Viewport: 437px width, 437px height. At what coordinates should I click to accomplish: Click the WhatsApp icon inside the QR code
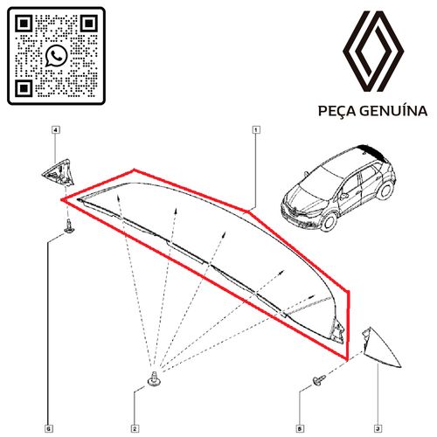[x=56, y=56]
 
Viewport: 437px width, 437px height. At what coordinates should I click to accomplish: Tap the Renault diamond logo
[x=373, y=52]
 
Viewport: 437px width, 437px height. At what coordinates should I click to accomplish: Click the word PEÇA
[x=337, y=112]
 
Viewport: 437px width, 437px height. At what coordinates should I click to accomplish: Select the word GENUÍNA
[x=393, y=111]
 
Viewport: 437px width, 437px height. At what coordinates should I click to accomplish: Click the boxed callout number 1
[x=256, y=129]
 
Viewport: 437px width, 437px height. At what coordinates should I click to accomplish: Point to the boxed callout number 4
[x=56, y=129]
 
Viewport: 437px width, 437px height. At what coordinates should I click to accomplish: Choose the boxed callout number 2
[x=135, y=428]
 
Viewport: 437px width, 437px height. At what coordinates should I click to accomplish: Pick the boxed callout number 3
[x=378, y=428]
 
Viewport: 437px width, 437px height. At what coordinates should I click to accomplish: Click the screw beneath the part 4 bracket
[x=69, y=226]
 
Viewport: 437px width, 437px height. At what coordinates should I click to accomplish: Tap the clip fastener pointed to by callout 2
[x=154, y=378]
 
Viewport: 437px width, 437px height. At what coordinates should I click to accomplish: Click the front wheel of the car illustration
[x=329, y=221]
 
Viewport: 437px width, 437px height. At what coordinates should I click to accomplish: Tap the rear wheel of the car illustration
[x=385, y=191]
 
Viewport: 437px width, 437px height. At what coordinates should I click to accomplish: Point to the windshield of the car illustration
[x=322, y=179]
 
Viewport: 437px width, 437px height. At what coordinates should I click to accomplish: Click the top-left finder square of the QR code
[x=24, y=24]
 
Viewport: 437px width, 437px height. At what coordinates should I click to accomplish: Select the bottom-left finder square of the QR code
[x=24, y=88]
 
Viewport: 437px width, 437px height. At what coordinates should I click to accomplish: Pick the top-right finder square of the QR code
[x=88, y=24]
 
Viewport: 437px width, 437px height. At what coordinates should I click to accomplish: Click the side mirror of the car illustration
[x=343, y=196]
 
